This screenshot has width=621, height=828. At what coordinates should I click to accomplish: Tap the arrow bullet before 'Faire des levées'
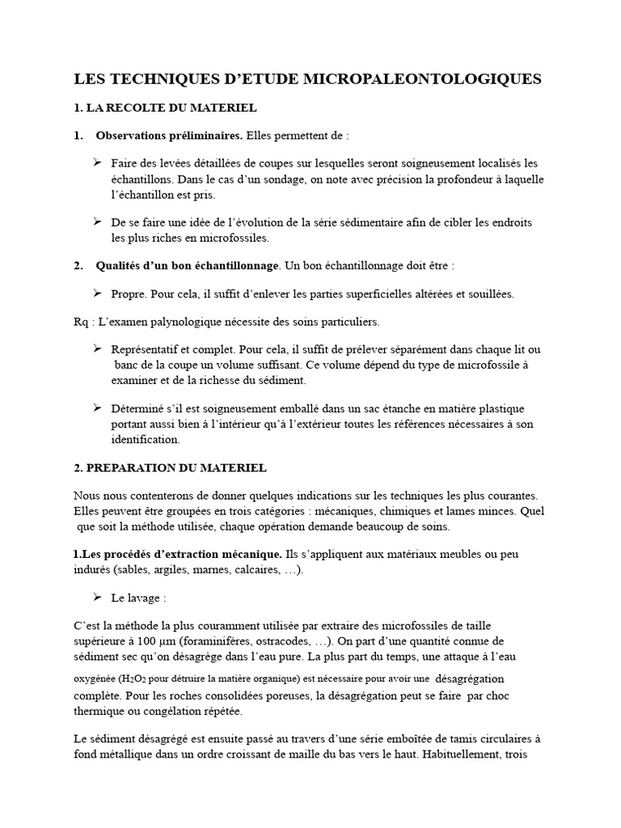(x=98, y=163)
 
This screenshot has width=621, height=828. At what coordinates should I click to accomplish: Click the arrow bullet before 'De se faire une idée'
(x=98, y=222)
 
